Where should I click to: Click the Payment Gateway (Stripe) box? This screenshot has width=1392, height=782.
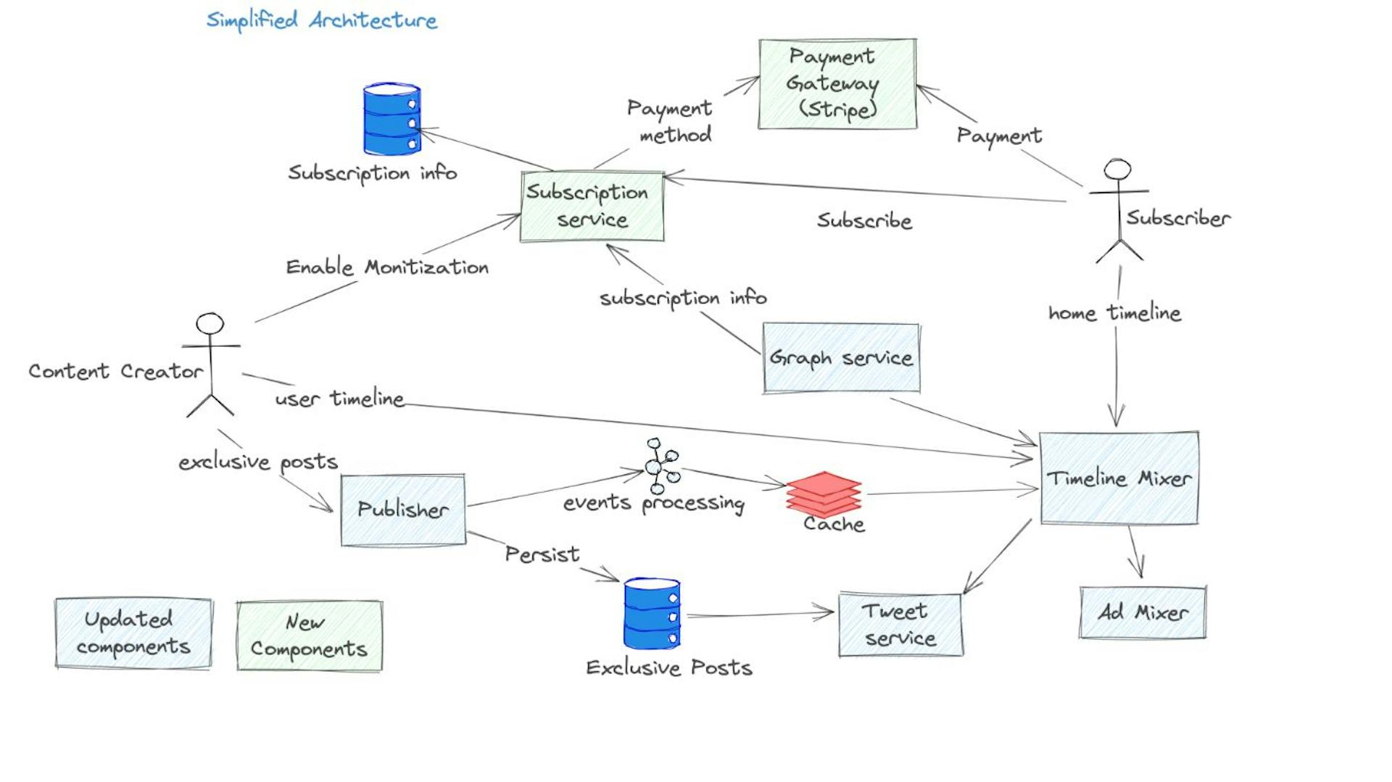[837, 84]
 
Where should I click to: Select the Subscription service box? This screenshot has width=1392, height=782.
[592, 207]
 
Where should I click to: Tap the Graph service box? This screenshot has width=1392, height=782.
[841, 358]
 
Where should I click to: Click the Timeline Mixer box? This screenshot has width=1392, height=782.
[1119, 478]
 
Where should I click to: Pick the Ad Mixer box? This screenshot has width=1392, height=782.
[1143, 613]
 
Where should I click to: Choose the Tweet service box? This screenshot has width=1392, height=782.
[900, 625]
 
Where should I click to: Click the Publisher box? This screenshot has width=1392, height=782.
[403, 509]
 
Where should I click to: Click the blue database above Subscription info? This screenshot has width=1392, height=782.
[391, 120]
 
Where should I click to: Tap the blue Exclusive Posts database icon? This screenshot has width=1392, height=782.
[652, 613]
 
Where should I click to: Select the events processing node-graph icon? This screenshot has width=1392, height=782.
[660, 465]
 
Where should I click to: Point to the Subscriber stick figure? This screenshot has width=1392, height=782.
[1119, 210]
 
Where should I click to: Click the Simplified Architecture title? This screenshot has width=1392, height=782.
[322, 20]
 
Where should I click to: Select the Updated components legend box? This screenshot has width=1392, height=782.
[133, 633]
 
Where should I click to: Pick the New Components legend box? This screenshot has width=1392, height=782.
[309, 636]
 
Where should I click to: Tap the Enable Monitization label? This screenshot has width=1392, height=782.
[387, 267]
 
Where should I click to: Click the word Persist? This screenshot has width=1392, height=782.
[542, 554]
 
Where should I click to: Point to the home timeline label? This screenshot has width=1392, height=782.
[1114, 313]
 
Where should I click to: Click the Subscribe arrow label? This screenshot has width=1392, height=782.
[864, 220]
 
